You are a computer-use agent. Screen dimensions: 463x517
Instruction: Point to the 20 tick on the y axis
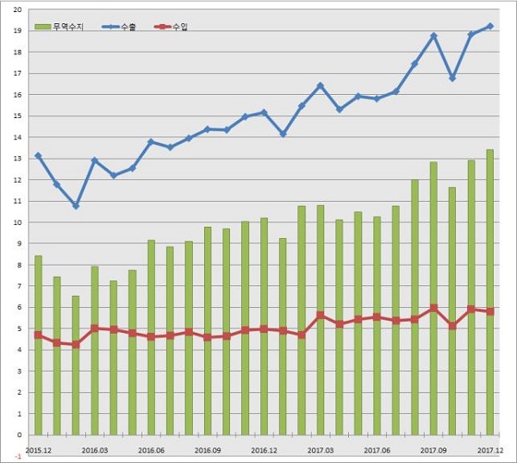coord(17,9)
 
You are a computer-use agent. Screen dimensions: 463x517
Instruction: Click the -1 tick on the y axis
coord(17,456)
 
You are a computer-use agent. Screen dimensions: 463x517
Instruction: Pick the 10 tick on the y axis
coord(17,222)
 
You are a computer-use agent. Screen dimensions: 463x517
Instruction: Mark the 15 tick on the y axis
coord(17,116)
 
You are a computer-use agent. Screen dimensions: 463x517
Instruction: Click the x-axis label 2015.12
coord(38,449)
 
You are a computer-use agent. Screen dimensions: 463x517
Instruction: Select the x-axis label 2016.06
coord(151,449)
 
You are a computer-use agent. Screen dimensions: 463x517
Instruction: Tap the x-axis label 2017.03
coord(321,449)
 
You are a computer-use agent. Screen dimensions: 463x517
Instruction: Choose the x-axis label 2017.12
coord(490,449)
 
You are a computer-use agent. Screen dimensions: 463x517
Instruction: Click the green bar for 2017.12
coord(490,292)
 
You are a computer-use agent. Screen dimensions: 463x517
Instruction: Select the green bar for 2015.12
coord(38,345)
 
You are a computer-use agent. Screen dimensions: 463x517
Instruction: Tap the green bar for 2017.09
coord(433,298)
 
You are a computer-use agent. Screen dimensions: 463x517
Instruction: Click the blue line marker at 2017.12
coord(490,26)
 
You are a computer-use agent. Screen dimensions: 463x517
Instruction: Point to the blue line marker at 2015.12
coord(38,156)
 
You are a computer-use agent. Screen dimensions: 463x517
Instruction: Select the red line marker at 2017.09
coord(433,308)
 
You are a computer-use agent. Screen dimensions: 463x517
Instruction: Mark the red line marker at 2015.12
coord(38,335)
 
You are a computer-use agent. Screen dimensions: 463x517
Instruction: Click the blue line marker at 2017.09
coord(433,36)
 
